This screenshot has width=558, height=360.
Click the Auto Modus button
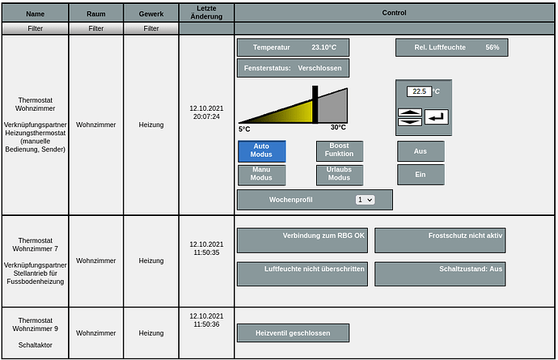pyautogui.click(x=261, y=151)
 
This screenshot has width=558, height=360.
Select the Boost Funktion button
pyautogui.click(x=340, y=150)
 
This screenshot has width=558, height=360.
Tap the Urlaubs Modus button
pyautogui.click(x=340, y=175)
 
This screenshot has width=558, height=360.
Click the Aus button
pyautogui.click(x=421, y=151)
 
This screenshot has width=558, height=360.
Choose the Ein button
pyautogui.click(x=421, y=175)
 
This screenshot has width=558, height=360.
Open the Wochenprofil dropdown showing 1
pyautogui.click(x=365, y=200)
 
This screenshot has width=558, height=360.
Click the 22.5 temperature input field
pyautogui.click(x=419, y=91)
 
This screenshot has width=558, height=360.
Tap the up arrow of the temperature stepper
pyautogui.click(x=410, y=112)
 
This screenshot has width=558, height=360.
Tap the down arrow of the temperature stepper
pyautogui.click(x=410, y=122)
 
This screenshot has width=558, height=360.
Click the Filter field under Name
pyautogui.click(x=36, y=28)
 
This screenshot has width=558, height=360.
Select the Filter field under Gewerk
pyautogui.click(x=151, y=28)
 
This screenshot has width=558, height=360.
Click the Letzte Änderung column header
pyautogui.click(x=206, y=12)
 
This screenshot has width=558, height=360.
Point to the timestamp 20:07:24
pyautogui.click(x=206, y=116)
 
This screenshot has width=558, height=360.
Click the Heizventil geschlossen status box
pyautogui.click(x=294, y=333)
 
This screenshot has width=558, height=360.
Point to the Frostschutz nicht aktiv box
pyautogui.click(x=440, y=240)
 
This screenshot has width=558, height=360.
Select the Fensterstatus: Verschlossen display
pyautogui.click(x=294, y=68)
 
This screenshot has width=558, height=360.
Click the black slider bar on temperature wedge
pyautogui.click(x=315, y=104)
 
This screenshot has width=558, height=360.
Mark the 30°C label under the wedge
pyautogui.click(x=338, y=128)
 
